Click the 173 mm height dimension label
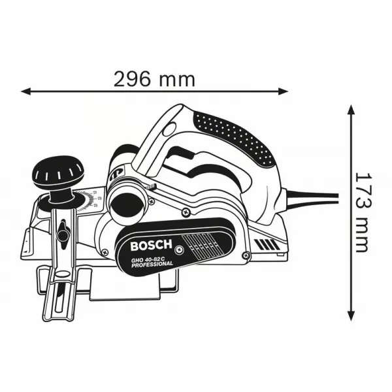361,212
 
